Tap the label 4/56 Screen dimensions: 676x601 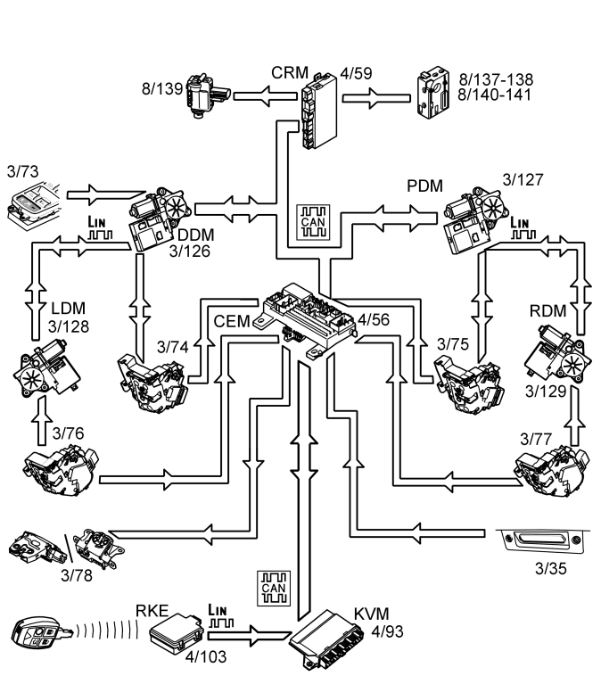point(375,318)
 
